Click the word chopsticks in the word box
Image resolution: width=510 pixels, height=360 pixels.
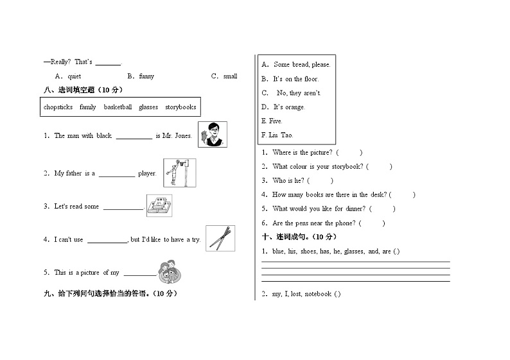(x=58, y=107)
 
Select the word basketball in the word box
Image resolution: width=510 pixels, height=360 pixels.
(x=118, y=107)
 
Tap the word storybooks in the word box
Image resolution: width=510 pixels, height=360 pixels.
(x=180, y=107)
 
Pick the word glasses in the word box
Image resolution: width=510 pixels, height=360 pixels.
(x=148, y=107)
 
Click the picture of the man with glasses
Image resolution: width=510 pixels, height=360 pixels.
(x=213, y=134)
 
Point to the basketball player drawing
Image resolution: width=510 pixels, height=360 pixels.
(x=179, y=172)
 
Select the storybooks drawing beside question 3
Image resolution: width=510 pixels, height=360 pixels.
(x=159, y=205)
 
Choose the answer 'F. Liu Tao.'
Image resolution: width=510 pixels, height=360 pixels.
(x=277, y=135)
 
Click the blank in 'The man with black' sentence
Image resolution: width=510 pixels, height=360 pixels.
(x=134, y=136)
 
